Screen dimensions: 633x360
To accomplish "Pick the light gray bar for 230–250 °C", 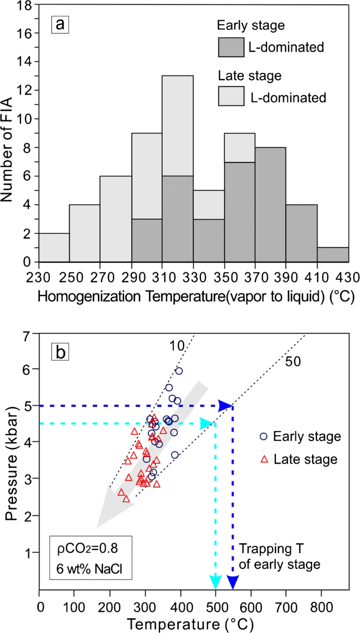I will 54,248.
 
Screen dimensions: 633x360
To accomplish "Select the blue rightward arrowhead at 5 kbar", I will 225,405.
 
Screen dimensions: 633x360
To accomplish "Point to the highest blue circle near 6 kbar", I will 179,371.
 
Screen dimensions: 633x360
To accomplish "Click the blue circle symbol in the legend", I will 264,436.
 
